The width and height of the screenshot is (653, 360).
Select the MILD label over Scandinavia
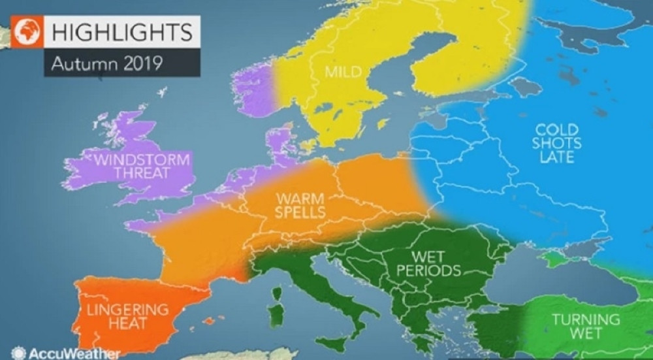[x=343, y=71]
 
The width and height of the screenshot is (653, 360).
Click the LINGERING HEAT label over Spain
[x=125, y=316]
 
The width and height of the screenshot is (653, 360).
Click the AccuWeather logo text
[x=65, y=353]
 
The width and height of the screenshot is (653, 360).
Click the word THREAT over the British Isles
[x=143, y=174]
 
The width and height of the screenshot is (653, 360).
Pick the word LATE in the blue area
[x=556, y=157]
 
